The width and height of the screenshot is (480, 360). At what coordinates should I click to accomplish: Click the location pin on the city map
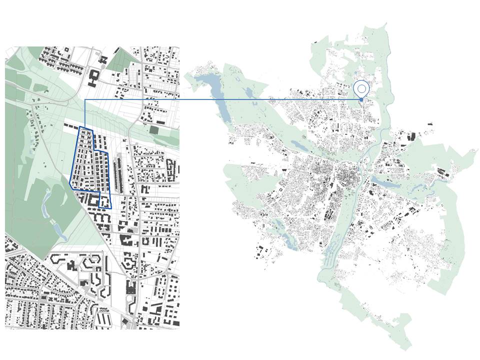(361, 89)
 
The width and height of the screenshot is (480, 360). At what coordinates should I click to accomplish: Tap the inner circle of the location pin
(361, 88)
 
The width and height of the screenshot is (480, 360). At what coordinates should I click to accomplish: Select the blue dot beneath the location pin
(361, 100)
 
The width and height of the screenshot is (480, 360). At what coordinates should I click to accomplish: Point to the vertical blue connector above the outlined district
(85, 113)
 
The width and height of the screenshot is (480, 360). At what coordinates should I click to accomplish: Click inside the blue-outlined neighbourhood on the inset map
(87, 160)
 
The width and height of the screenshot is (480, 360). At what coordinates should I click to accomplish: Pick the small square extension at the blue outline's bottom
(105, 201)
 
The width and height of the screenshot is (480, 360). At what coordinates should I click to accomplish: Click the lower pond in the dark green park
(58, 230)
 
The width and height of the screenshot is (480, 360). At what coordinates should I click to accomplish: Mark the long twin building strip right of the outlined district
(119, 175)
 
